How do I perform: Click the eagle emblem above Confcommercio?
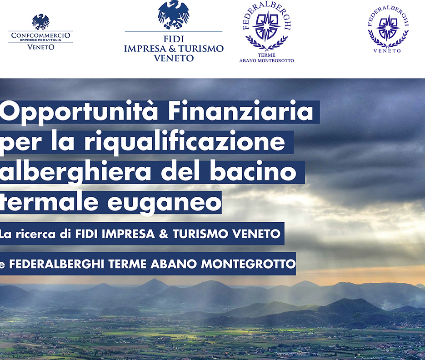(x=40, y=21)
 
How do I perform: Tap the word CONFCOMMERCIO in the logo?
(x=40, y=35)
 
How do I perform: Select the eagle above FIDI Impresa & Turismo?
(x=174, y=15)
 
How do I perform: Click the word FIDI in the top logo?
(x=174, y=39)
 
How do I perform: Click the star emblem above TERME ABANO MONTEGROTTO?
(x=267, y=26)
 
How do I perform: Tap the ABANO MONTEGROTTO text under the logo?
(x=267, y=61)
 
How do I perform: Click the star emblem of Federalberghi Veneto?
(x=388, y=28)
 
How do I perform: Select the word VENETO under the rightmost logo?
(x=387, y=51)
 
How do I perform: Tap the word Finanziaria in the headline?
(x=241, y=110)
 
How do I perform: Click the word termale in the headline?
(x=49, y=202)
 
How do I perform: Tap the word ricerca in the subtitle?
(x=35, y=234)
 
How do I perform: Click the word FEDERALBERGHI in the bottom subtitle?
(x=57, y=264)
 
